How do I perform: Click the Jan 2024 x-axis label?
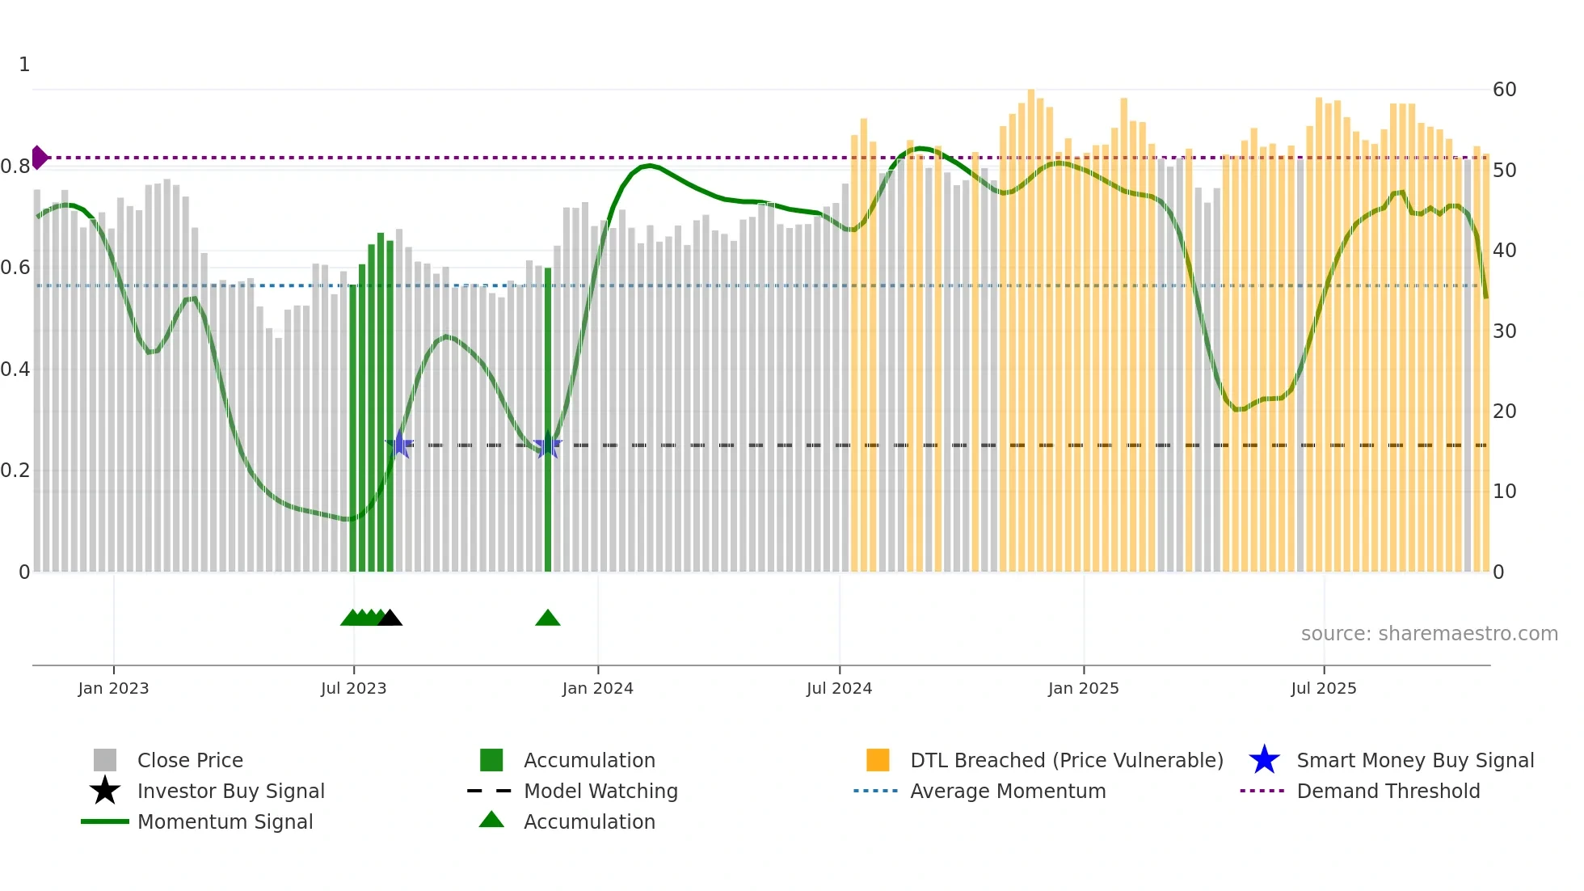click(x=597, y=688)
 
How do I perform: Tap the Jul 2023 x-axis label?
click(x=353, y=688)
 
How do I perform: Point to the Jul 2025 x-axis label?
click(x=1323, y=688)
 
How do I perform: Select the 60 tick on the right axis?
click(x=1504, y=90)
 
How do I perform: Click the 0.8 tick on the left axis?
click(x=15, y=167)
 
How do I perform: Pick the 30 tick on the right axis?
click(x=1504, y=331)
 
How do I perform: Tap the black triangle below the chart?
click(x=390, y=619)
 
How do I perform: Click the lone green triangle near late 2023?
click(x=547, y=619)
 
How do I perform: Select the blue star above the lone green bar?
click(x=547, y=445)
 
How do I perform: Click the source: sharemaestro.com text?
click(x=1429, y=634)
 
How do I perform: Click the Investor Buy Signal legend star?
click(x=105, y=791)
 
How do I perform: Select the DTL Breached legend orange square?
click(x=878, y=760)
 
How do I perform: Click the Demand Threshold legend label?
click(x=1388, y=791)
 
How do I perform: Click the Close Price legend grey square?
click(x=105, y=760)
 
